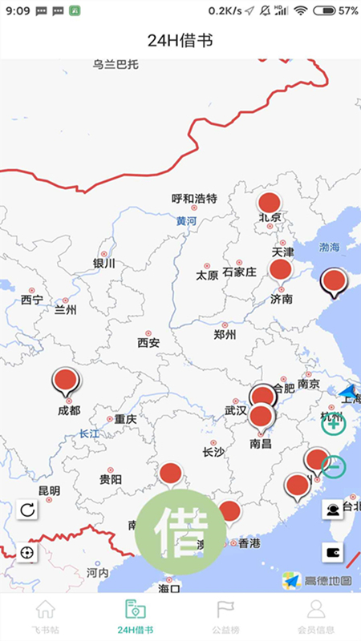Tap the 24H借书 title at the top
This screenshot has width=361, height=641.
tap(180, 40)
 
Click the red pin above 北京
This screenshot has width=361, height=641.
tap(269, 204)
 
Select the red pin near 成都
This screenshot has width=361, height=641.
tap(65, 381)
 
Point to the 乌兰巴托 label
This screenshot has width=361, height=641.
tap(116, 63)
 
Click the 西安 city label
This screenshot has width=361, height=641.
tap(148, 342)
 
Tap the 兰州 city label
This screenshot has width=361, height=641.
tap(65, 310)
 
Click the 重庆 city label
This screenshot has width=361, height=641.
tap(125, 418)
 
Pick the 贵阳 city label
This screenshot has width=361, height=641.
tap(111, 479)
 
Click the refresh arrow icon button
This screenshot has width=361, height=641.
tap(27, 510)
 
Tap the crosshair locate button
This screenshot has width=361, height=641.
tap(27, 553)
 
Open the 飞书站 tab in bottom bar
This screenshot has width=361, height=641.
tap(46, 616)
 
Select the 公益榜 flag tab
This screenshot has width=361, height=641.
tap(225, 616)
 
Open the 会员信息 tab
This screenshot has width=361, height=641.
tap(316, 616)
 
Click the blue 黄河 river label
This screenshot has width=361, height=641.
tap(186, 221)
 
